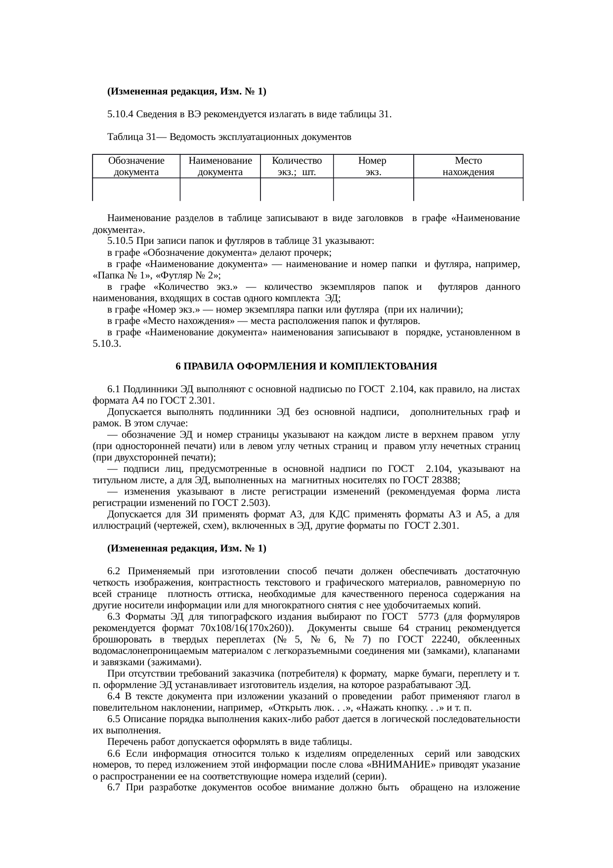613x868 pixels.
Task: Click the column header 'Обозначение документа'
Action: click(x=136, y=167)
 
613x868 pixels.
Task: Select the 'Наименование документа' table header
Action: click(x=220, y=167)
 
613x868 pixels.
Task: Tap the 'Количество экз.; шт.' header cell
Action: click(x=297, y=167)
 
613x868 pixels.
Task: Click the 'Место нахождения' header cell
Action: click(x=468, y=167)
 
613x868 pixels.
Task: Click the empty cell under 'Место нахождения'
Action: click(x=468, y=189)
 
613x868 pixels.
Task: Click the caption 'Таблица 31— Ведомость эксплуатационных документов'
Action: click(x=229, y=137)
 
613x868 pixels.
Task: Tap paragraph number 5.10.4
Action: click(x=120, y=115)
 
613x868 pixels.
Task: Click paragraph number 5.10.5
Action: click(x=120, y=241)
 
